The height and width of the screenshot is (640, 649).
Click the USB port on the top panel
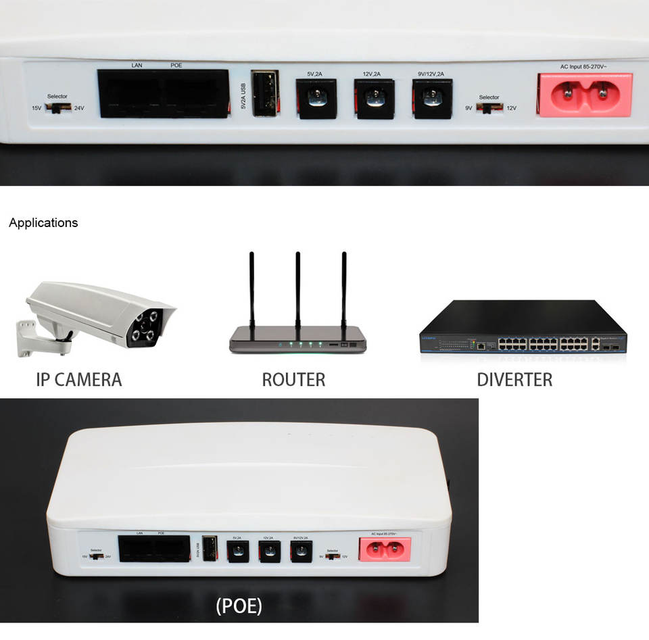[264, 93]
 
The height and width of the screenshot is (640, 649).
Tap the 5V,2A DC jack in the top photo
[316, 99]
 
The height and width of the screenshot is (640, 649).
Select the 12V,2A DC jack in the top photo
[375, 99]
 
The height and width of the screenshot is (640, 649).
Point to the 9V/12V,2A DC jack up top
[432, 99]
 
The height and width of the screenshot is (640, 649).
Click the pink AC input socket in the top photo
[585, 95]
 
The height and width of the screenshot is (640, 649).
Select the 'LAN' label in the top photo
[137, 66]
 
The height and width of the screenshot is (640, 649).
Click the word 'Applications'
[43, 223]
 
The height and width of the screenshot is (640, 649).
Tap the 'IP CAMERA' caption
[79, 380]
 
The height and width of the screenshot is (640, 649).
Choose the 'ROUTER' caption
[293, 380]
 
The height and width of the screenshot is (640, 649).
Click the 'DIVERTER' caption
[514, 380]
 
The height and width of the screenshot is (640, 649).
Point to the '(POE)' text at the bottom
[239, 606]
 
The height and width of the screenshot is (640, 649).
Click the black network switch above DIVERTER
[523, 328]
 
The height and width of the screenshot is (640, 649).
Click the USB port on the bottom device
[210, 548]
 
